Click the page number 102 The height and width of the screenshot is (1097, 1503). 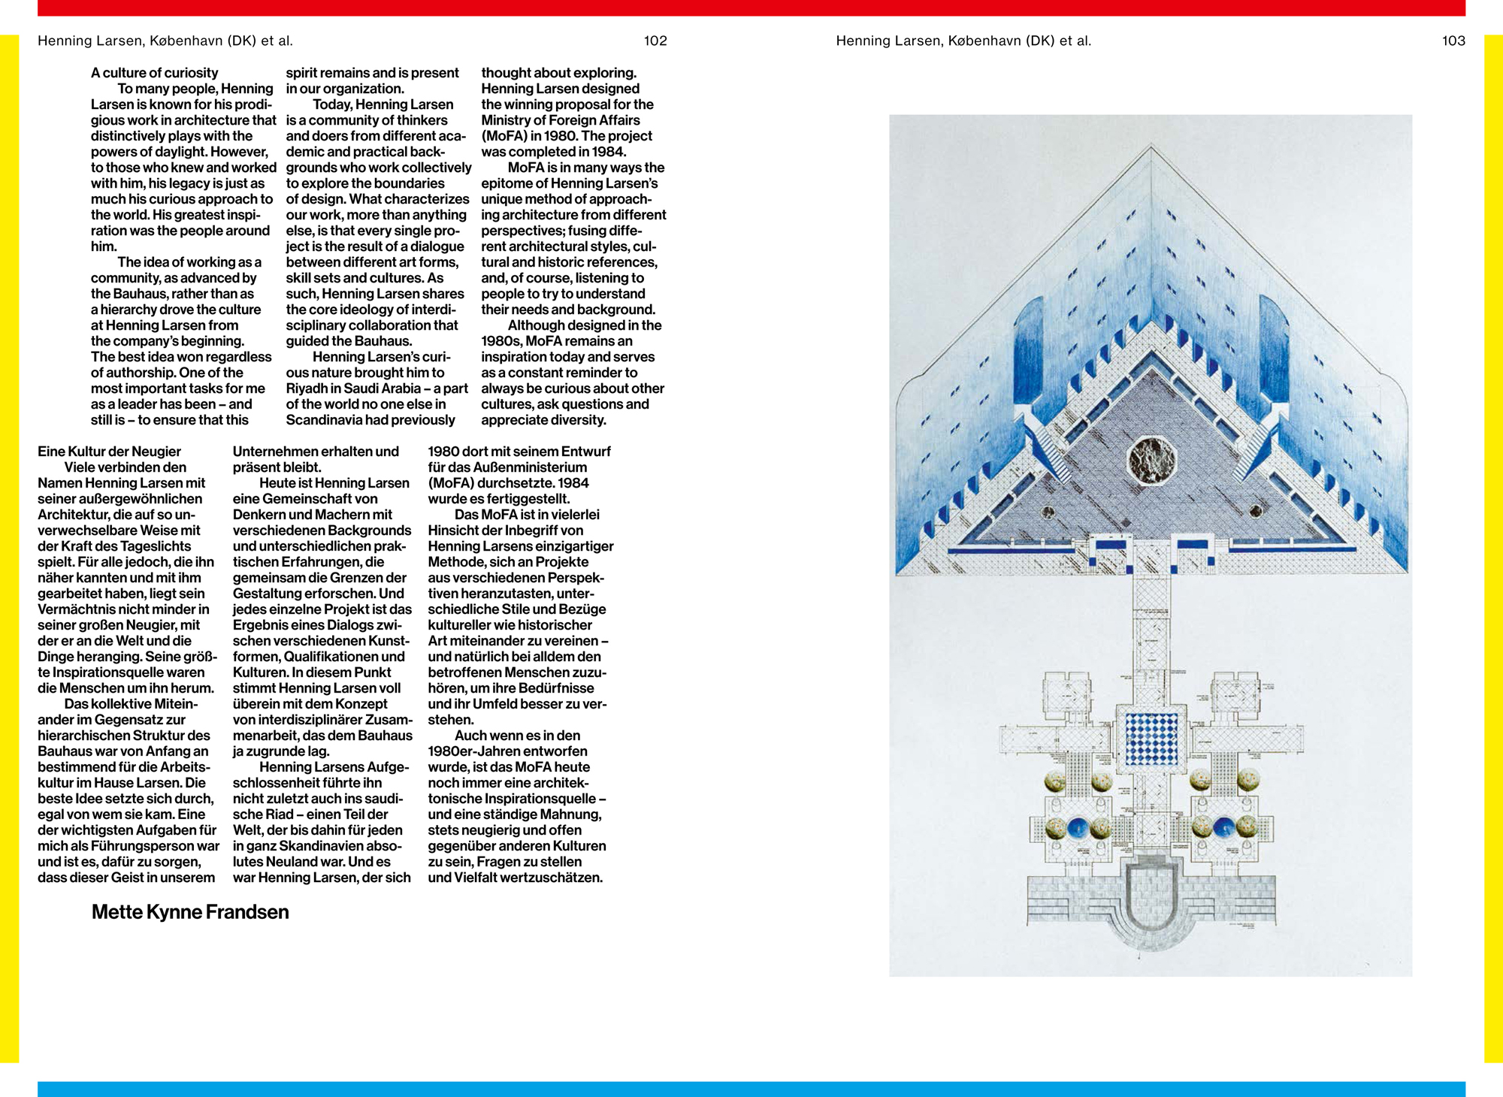655,41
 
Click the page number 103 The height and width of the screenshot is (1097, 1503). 1453,41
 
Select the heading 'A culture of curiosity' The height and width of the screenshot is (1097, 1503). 154,73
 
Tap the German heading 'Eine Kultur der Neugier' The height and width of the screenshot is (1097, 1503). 109,452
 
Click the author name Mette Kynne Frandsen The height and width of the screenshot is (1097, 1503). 190,912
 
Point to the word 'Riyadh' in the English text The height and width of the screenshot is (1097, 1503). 307,388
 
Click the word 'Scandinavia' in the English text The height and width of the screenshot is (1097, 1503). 322,420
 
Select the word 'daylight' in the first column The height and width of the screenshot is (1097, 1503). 170,152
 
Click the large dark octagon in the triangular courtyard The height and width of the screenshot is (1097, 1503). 1151,458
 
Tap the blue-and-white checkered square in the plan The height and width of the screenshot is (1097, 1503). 1151,739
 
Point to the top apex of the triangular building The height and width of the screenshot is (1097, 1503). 1151,148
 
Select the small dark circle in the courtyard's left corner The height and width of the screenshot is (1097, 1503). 1048,513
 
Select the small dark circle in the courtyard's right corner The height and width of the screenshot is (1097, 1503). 1256,512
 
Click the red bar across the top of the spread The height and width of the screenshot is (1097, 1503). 751,8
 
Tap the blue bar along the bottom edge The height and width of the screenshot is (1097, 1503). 751,1089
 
